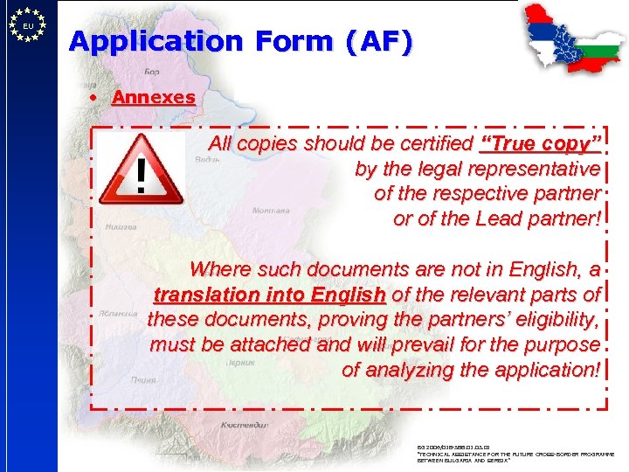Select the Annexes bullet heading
point(154,97)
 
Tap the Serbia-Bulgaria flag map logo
point(569,38)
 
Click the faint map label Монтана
point(271,211)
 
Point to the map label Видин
point(208,160)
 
